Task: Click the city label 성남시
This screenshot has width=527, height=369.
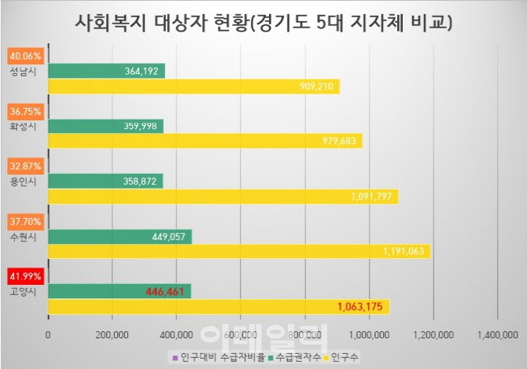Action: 23,70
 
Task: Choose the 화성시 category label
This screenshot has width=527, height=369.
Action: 23,125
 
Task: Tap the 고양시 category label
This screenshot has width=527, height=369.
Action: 23,290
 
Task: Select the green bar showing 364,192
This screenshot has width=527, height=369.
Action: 106,71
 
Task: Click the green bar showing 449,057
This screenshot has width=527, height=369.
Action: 120,235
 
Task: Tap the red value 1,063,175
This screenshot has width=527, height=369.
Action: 361,307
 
